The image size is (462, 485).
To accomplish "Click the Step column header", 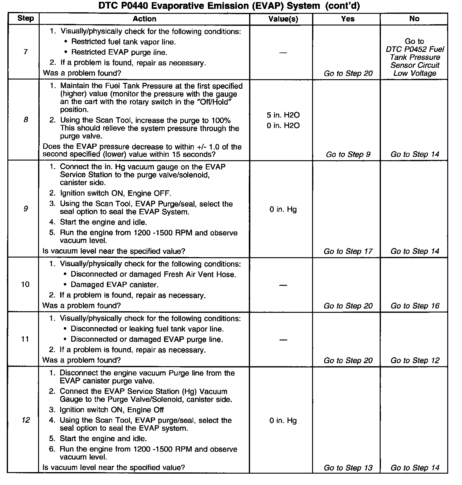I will click(x=25, y=18).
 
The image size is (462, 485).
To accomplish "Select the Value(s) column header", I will click(x=283, y=19).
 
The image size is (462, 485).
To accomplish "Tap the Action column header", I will click(x=144, y=19).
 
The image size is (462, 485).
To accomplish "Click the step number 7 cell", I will click(x=25, y=52).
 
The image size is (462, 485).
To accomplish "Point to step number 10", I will click(x=25, y=284).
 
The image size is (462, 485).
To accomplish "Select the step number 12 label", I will click(x=25, y=420).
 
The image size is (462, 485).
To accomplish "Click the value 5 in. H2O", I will click(x=283, y=115).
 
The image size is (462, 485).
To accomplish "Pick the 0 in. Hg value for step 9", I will click(x=283, y=209).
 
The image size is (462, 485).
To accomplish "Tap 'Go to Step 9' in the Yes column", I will click(x=348, y=154).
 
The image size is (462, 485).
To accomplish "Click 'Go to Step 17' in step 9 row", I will click(x=348, y=251).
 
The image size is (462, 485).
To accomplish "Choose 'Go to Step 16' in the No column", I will click(x=415, y=306).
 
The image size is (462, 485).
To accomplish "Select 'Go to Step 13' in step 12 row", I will click(x=348, y=468).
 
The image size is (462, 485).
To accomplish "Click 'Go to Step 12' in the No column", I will click(x=415, y=360).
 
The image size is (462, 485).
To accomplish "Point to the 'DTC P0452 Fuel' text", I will click(x=415, y=49).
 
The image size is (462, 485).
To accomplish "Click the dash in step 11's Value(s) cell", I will click(x=283, y=340).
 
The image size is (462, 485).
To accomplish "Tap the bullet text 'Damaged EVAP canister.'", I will click(x=115, y=285).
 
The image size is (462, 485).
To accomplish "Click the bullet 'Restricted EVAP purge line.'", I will click(x=119, y=52).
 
